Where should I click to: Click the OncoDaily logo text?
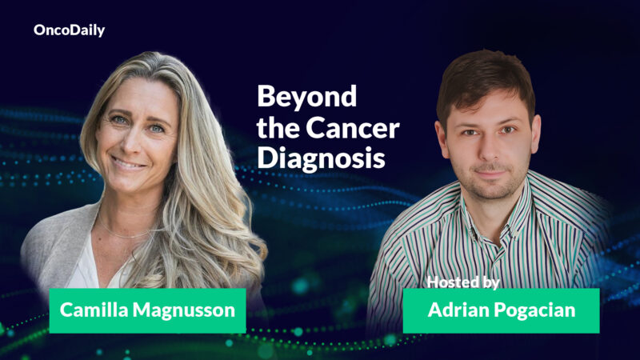69,30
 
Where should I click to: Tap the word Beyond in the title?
295,98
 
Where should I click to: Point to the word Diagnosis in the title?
315,158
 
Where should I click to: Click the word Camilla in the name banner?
97,310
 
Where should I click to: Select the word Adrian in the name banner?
457,310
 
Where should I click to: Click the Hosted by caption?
463,282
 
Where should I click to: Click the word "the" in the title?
277,128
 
